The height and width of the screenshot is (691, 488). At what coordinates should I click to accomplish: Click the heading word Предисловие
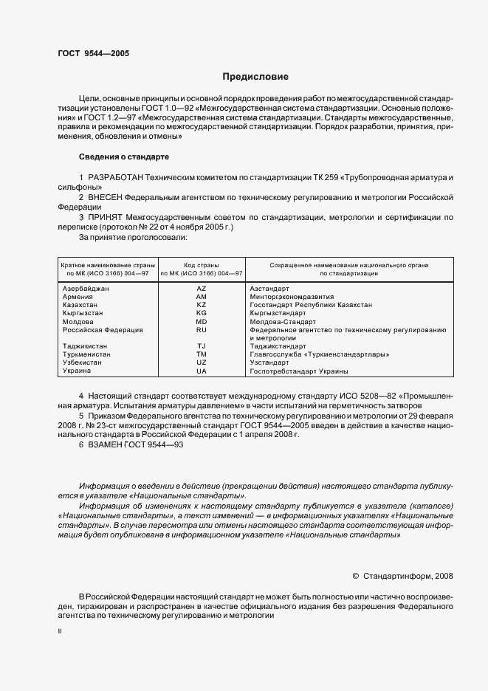point(256,76)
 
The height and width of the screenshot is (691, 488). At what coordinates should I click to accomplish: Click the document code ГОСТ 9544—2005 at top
point(93,53)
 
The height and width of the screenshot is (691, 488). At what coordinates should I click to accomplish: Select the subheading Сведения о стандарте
point(124,157)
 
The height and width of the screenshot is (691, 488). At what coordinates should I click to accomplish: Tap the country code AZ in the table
point(202,287)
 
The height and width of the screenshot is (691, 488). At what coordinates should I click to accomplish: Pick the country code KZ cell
point(202,304)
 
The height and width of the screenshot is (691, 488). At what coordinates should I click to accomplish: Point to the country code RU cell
point(202,329)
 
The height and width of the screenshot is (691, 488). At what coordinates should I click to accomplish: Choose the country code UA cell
point(202,371)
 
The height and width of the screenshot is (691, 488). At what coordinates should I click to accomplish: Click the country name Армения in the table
point(78,296)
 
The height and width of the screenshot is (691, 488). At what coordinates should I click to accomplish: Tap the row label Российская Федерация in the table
point(103,329)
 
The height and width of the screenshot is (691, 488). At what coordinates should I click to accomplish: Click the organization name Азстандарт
point(269,287)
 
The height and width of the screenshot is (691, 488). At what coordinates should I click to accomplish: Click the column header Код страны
point(202,264)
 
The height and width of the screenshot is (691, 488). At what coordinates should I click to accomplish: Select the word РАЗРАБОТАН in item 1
point(115,179)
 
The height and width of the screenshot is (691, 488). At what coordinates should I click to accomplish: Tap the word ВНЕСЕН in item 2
point(105,199)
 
